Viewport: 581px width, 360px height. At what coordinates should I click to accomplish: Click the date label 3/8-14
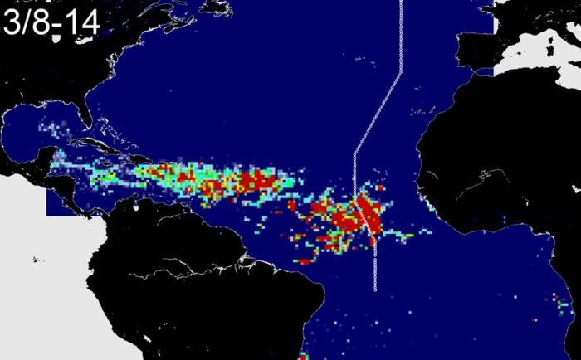coord(51,21)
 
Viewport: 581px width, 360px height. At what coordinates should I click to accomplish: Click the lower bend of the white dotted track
coord(354,154)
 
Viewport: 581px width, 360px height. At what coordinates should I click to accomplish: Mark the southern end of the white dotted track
coord(376,289)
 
